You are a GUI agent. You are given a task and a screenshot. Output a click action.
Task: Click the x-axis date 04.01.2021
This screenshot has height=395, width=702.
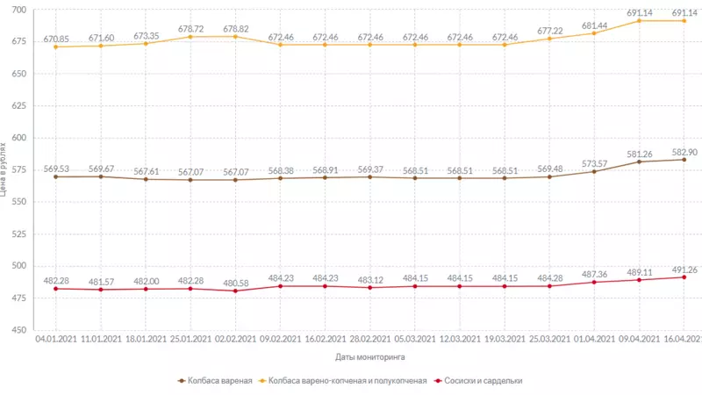pyautogui.click(x=55, y=338)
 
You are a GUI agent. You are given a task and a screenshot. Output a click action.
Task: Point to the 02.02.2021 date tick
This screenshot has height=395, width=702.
pyautogui.click(x=235, y=338)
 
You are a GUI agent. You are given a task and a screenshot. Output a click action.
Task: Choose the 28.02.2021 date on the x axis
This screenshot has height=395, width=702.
pyautogui.click(x=369, y=338)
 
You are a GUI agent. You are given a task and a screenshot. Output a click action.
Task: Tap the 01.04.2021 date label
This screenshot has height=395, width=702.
pyautogui.click(x=594, y=338)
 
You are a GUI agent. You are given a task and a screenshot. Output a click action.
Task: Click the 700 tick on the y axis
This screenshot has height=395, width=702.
pyautogui.click(x=19, y=10)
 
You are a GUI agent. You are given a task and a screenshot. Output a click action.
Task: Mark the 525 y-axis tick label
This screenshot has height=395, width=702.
pyautogui.click(x=19, y=234)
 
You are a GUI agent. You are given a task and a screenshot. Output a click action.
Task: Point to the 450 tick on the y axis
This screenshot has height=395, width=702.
pyautogui.click(x=19, y=330)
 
